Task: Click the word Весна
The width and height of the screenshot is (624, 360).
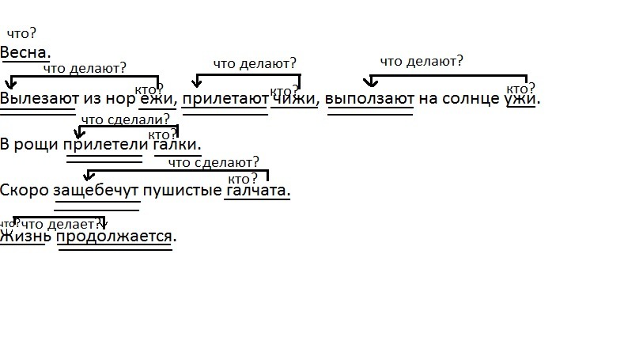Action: click(25, 52)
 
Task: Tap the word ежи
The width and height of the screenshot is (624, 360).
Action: click(156, 100)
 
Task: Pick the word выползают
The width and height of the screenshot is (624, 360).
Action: click(370, 100)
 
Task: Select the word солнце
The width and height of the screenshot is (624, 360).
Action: click(473, 100)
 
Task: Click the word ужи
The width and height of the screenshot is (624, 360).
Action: click(521, 100)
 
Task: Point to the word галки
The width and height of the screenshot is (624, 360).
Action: click(176, 146)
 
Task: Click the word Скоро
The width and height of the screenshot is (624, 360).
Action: click(24, 191)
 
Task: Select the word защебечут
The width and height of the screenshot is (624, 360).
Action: click(96, 191)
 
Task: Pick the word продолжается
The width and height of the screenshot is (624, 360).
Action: click(115, 236)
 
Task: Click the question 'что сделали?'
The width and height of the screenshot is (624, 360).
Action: click(125, 120)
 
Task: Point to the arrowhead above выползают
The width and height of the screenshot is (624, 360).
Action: click(369, 82)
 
